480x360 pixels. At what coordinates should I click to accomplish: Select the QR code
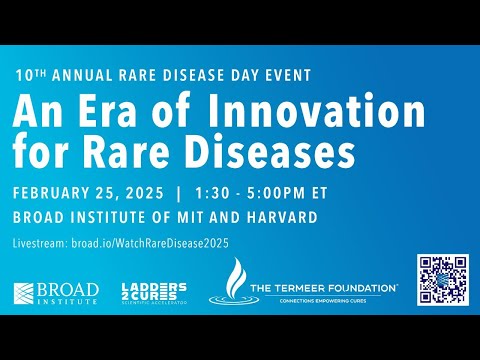443,280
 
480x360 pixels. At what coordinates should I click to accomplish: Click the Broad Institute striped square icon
26,293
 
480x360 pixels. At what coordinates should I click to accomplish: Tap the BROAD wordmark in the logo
70,289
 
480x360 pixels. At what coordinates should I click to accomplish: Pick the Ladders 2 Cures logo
153,293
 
